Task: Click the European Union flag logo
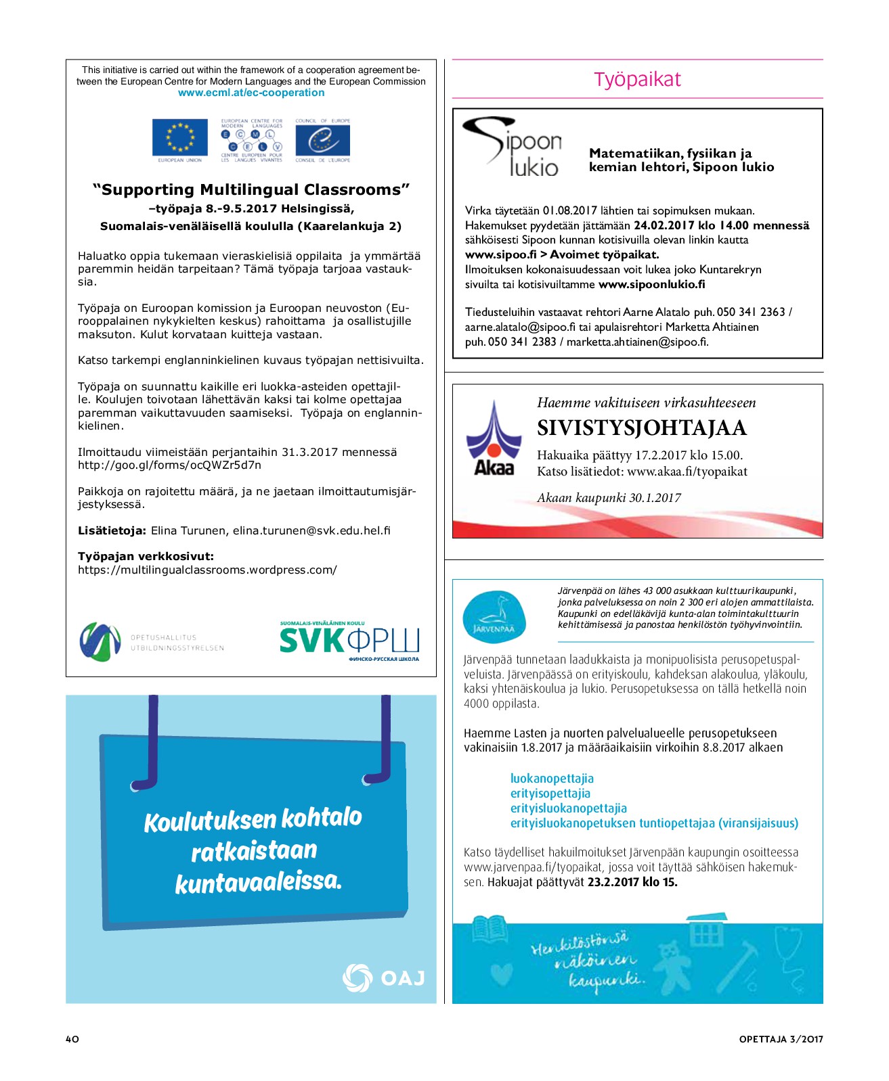tap(179, 137)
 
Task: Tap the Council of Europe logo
tap(323, 141)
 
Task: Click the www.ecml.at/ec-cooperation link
tap(251, 93)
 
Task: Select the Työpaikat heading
tap(637, 79)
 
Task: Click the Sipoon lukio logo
tap(513, 147)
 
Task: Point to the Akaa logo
tap(494, 439)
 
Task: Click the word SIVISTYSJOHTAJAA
tap(641, 428)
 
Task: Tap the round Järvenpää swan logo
tap(494, 616)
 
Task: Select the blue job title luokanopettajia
tap(552, 779)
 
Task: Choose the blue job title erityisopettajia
tap(550, 793)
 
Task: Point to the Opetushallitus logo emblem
tap(100, 641)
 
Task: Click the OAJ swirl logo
tap(357, 977)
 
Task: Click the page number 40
tap(72, 1039)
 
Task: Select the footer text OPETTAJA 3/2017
tap(781, 1039)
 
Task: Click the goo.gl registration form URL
tap(169, 465)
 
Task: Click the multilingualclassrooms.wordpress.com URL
tap(207, 570)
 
